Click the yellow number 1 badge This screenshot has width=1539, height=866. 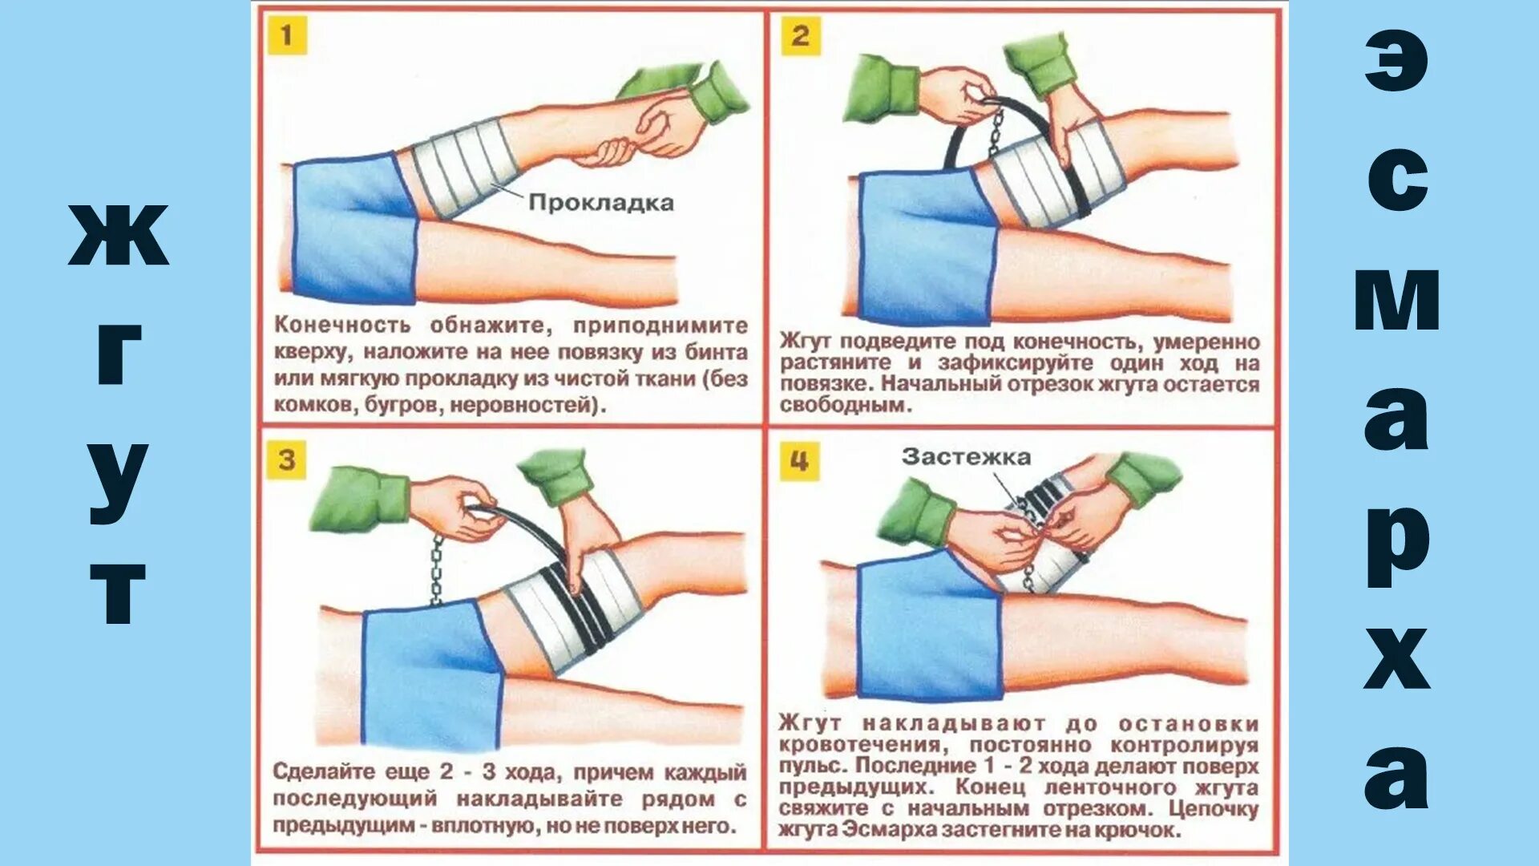pyautogui.click(x=286, y=35)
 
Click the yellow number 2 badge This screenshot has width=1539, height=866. pyautogui.click(x=800, y=36)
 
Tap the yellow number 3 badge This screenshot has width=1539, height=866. pyautogui.click(x=286, y=460)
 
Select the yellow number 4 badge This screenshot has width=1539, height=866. pyautogui.click(x=799, y=462)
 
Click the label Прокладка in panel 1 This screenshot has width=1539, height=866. pyautogui.click(x=601, y=202)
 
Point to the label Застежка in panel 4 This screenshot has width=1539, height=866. pyautogui.click(x=966, y=457)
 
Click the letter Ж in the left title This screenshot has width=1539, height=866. pyautogui.click(x=119, y=234)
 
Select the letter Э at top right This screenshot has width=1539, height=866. pyautogui.click(x=1396, y=62)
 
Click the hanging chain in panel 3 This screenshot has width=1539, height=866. pyautogui.click(x=437, y=569)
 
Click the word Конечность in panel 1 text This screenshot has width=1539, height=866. pyautogui.click(x=342, y=326)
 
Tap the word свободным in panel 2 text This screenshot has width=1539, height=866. pyautogui.click(x=846, y=405)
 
